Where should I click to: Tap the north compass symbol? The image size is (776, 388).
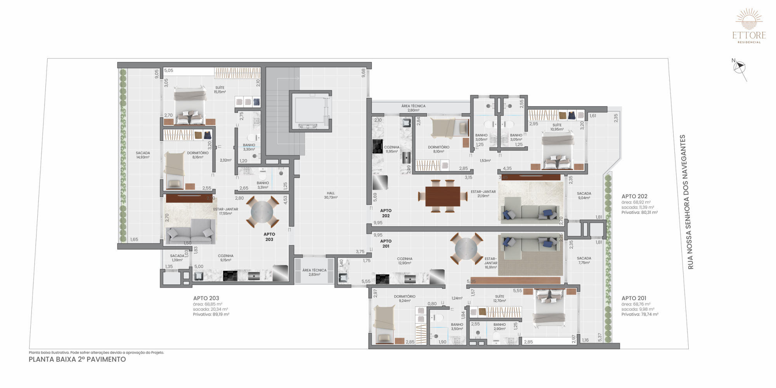pos(740,68)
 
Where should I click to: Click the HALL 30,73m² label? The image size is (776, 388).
pos(331,195)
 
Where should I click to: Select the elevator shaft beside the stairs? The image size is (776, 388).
pos(310,111)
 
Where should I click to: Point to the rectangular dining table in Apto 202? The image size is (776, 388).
pos(443,196)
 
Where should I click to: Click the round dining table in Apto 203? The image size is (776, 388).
pos(262,212)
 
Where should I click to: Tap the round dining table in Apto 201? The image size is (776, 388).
pos(466,249)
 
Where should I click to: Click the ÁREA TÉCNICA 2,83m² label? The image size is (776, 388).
pos(314,272)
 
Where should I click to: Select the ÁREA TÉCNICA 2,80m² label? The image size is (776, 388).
pos(413,108)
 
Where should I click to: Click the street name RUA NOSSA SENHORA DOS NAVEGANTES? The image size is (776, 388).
pos(687,202)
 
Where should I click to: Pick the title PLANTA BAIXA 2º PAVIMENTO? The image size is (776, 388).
pos(77,359)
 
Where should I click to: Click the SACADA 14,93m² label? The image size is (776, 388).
pos(143,155)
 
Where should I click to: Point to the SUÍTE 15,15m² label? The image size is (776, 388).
pos(220,90)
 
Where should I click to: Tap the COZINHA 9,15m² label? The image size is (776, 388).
pos(225,258)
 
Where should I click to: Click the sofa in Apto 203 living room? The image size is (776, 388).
pos(191,232)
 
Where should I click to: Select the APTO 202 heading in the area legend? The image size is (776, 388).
pos(634,196)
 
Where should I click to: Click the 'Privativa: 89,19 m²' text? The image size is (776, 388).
pos(211,314)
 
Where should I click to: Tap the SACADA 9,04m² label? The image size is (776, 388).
pos(584,196)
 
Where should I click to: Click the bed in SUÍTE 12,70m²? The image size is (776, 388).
pos(549,308)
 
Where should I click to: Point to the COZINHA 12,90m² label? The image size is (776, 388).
pos(405,261)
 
